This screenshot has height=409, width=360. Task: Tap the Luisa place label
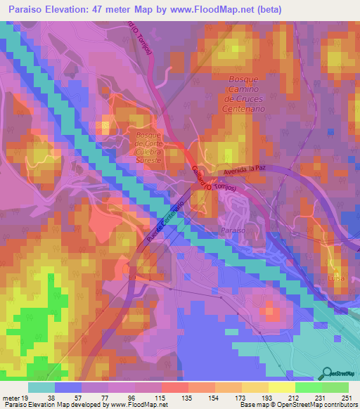click(x=327, y=278)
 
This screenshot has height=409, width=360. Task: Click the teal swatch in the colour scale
click(x=41, y=387)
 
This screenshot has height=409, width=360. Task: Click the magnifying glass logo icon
click(x=328, y=372)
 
